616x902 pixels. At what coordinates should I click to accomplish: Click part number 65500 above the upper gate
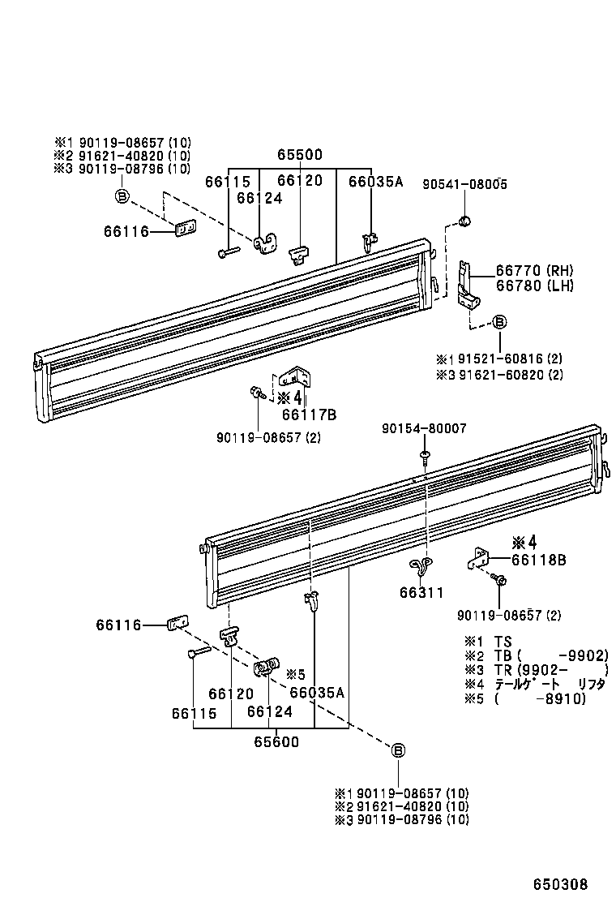click(x=300, y=155)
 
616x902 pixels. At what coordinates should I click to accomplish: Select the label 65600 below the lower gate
click(x=276, y=741)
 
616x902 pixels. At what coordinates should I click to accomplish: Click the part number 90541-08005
click(x=464, y=185)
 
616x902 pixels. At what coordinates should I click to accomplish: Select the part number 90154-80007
click(x=425, y=428)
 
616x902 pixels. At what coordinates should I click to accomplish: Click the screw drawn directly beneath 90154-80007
click(x=425, y=458)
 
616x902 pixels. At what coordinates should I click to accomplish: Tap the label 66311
click(x=421, y=592)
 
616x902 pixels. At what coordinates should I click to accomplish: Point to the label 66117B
click(x=309, y=414)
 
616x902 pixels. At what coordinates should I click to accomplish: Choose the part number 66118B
click(x=539, y=560)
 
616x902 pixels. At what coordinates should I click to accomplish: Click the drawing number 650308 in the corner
click(x=560, y=884)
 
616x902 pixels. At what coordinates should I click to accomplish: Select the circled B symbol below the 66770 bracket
click(x=500, y=323)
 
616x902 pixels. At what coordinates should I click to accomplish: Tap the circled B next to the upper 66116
click(x=122, y=195)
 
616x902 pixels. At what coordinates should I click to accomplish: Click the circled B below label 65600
click(x=398, y=750)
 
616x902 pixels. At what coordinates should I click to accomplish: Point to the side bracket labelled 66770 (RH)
click(x=465, y=284)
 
